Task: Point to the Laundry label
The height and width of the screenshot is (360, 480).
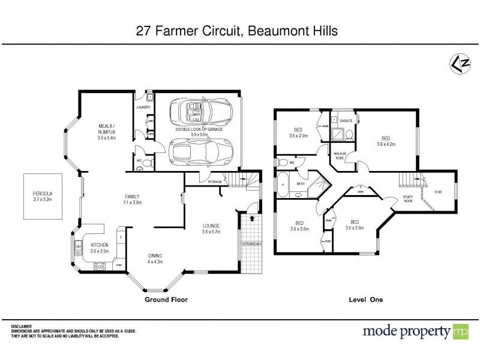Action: tap(143, 107)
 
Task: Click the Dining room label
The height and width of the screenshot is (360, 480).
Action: tap(155, 256)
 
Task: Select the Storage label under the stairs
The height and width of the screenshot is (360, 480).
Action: tap(215, 181)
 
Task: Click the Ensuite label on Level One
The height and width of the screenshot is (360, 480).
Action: tap(346, 121)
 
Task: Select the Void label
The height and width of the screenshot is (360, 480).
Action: tap(437, 191)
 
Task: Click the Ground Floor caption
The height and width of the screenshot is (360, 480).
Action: tap(162, 299)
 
